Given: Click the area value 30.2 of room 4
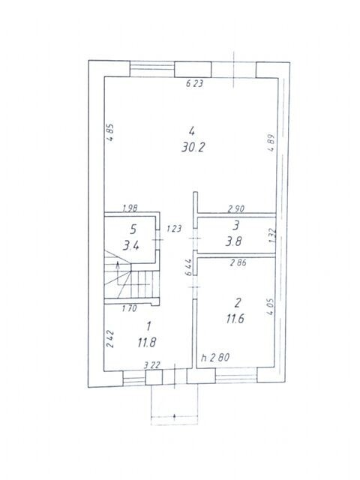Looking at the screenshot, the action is (193, 148).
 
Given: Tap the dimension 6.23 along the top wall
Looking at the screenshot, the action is (195, 83).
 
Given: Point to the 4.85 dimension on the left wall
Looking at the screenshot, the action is (110, 132).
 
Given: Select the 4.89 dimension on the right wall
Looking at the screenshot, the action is (271, 142).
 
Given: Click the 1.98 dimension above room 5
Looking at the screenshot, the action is (130, 208).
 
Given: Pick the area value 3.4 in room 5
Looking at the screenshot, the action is (131, 245).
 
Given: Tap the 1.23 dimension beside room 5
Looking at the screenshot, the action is (174, 228).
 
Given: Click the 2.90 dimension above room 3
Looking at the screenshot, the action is (236, 208).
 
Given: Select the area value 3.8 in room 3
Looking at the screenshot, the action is (233, 241).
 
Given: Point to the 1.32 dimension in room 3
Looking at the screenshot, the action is (272, 236).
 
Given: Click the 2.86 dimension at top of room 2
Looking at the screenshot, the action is (238, 262).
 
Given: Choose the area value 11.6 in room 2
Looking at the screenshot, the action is (235, 319).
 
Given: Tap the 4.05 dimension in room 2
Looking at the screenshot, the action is (270, 307).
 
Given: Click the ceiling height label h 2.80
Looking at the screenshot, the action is (215, 357).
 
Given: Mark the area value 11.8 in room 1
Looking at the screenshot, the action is (147, 342).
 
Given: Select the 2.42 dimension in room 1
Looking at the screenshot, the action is (110, 338).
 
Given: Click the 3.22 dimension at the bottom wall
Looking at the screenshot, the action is (152, 365).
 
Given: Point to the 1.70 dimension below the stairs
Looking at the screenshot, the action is (129, 308).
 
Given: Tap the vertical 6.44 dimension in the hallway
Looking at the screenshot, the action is (189, 267).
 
